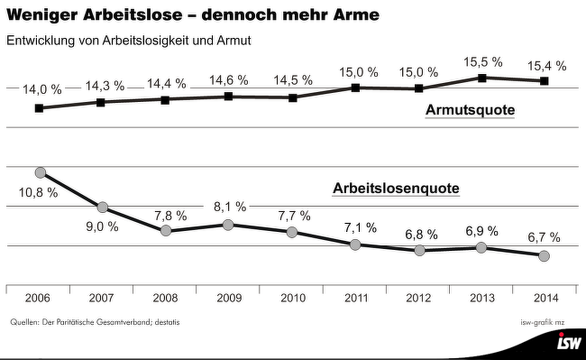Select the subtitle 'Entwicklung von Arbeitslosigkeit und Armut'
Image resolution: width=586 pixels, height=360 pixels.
(x=128, y=42)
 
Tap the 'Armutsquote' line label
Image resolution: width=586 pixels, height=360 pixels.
(x=470, y=111)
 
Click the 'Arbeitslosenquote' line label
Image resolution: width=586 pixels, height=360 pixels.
(x=396, y=189)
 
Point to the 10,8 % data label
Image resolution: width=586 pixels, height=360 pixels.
(x=39, y=192)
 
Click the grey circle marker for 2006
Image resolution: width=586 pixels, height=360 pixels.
(x=40, y=172)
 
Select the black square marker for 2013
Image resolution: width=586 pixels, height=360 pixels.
(x=482, y=78)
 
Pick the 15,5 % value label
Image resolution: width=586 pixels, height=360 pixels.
(x=482, y=62)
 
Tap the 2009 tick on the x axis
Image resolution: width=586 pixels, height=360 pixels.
(x=228, y=298)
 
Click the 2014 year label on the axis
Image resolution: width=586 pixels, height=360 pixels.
(x=544, y=298)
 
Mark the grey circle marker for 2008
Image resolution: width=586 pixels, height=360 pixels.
(x=166, y=231)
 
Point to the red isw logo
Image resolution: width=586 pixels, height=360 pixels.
(x=568, y=344)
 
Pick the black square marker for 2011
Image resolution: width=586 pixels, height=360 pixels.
(x=356, y=88)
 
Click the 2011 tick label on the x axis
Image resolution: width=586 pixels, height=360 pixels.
(x=356, y=298)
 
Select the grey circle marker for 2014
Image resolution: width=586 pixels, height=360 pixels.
(x=544, y=256)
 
